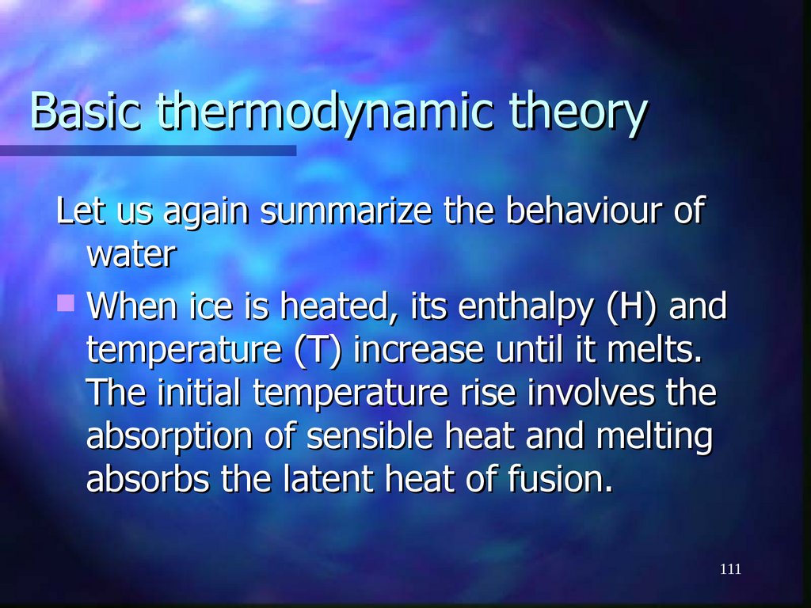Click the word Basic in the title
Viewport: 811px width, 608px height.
click(86, 112)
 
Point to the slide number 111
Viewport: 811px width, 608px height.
click(730, 569)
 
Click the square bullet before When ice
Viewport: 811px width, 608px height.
click(67, 302)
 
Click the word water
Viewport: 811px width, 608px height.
click(130, 256)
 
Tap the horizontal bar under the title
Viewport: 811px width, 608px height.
click(147, 150)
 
